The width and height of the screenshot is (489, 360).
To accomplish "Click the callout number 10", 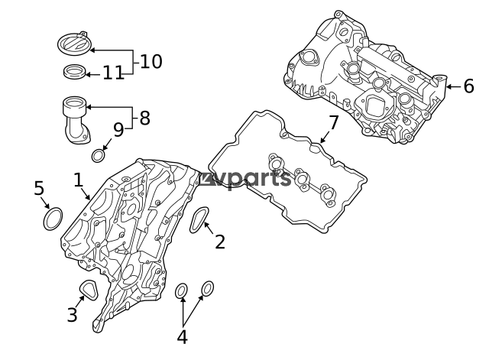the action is coord(151,61).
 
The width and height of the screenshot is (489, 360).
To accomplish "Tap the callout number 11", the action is coord(113,73).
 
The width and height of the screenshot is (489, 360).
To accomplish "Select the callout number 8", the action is coord(144,118).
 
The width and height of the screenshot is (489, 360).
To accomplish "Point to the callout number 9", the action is coord(118,130).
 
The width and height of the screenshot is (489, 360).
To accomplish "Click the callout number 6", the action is coord(468,86).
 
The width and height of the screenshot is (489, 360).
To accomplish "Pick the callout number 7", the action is coord(334,122).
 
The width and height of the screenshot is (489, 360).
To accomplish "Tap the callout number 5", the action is coord(39,188).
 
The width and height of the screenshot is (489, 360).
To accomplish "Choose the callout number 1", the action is coord(79,180).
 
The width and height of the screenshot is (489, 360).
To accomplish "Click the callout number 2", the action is coord(220,242).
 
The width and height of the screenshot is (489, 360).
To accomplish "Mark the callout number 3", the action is coord(72,314).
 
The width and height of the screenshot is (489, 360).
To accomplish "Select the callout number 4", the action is coord(182,337).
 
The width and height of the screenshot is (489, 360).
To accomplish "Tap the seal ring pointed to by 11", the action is coord(75,72).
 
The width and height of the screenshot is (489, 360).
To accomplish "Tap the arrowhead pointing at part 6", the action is coord(449,86).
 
